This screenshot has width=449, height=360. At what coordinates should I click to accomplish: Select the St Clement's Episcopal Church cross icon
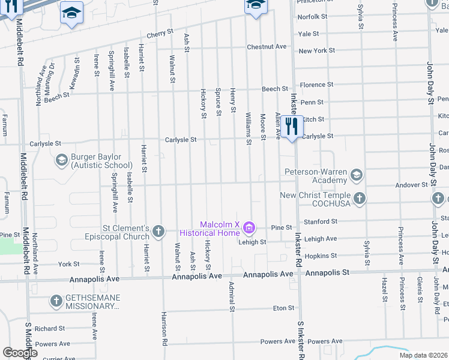158,232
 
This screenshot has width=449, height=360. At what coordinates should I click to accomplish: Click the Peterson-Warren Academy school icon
357,175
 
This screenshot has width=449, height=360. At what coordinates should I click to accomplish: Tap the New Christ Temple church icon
360,199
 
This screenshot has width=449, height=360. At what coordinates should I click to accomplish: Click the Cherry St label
160,33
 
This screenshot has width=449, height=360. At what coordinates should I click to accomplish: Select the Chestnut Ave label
267,46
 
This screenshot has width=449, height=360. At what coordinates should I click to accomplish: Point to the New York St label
317,51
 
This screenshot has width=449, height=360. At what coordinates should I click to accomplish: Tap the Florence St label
317,85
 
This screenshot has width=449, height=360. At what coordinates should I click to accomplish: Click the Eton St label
283,308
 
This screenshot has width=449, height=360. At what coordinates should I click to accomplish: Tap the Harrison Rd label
163,329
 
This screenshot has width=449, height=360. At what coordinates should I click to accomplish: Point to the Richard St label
49,329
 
